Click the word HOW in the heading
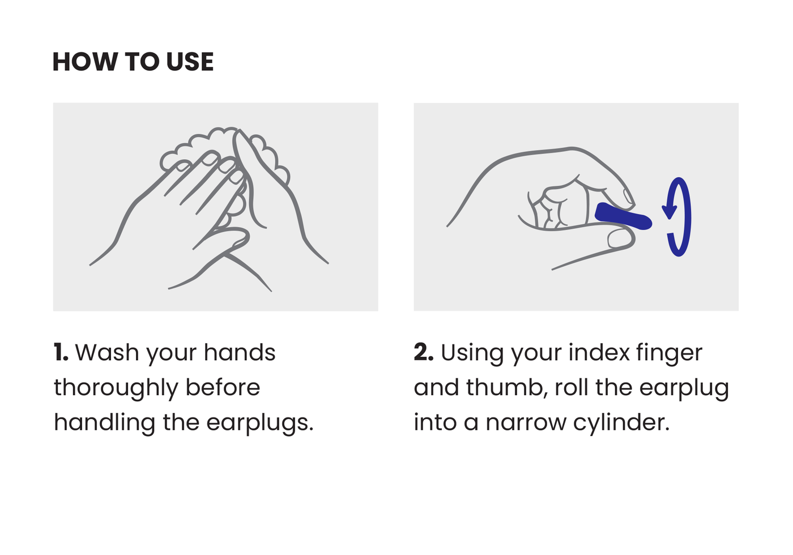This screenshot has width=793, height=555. click(86, 62)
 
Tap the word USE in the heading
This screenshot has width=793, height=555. click(190, 62)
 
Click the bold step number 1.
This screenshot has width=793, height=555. click(61, 352)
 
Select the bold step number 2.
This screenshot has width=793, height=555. click(424, 352)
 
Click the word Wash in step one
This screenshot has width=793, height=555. click(107, 352)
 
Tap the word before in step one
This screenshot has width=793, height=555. click(223, 387)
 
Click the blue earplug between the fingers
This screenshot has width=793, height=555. click(623, 216)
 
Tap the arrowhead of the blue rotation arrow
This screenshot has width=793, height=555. click(669, 212)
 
